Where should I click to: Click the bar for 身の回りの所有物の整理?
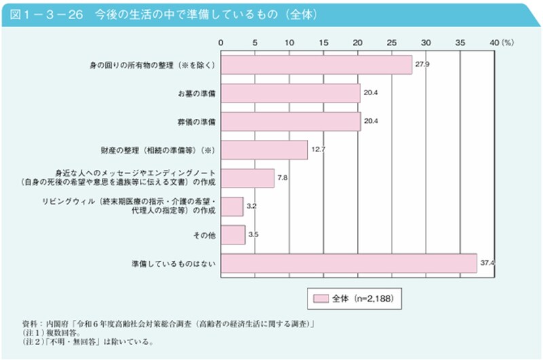[x=316, y=65]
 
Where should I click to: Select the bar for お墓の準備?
[x=291, y=93]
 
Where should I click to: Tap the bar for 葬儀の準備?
[x=291, y=122]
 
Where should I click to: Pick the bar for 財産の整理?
[x=264, y=149]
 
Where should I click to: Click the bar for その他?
[x=233, y=234]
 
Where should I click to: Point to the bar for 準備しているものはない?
[x=349, y=263]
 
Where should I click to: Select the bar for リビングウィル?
[x=232, y=206]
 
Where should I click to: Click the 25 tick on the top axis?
[x=392, y=43]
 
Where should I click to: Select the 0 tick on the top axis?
[x=221, y=43]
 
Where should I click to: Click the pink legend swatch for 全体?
[x=320, y=298]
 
